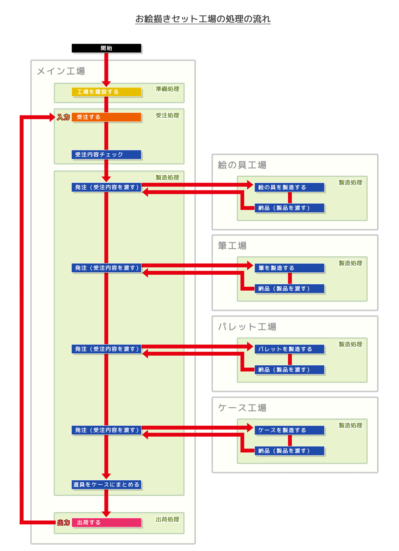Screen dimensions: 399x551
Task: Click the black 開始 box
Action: (107, 48)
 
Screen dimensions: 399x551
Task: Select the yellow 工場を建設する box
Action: (107, 92)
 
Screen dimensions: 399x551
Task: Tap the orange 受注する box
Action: (107, 117)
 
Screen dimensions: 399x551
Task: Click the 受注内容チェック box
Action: (107, 155)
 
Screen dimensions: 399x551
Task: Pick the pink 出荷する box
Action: (107, 523)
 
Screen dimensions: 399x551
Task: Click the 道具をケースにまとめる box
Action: (107, 485)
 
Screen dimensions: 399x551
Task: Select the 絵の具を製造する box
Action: (290, 187)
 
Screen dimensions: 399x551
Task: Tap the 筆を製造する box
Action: (290, 268)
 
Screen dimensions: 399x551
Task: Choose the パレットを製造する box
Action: (290, 349)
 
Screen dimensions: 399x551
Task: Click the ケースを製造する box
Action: (290, 430)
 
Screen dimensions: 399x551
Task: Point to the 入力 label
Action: (63, 117)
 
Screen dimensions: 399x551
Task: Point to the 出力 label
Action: (63, 523)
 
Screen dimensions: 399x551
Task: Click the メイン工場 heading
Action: (61, 71)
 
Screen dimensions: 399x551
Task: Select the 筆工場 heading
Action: (232, 246)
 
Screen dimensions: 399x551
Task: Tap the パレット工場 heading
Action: (247, 327)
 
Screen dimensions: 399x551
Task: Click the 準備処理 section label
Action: (168, 89)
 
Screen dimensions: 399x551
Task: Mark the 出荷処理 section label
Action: (168, 519)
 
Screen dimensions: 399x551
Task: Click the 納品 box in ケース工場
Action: (290, 451)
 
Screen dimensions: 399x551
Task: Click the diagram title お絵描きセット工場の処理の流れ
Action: (203, 19)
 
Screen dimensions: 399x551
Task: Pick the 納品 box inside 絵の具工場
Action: (290, 208)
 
